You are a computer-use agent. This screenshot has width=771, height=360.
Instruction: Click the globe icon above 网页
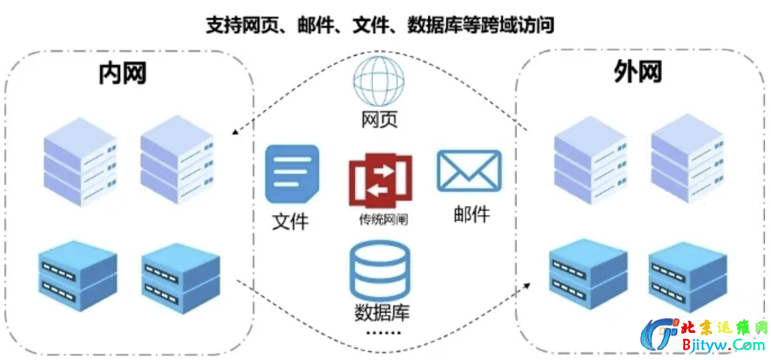coord(379,81)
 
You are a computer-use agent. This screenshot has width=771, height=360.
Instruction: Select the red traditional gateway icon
coord(380,178)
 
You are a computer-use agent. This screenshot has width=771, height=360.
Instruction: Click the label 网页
coord(379,119)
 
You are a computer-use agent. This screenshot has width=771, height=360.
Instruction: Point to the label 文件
coord(291,221)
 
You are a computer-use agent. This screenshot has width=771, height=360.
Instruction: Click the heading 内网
coord(122,73)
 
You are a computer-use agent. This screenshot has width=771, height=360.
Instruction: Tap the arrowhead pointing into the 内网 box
coord(235,132)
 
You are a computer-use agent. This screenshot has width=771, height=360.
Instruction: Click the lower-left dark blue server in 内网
coord(78,274)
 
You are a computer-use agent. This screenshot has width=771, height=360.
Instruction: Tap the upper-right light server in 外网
coord(687,159)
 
